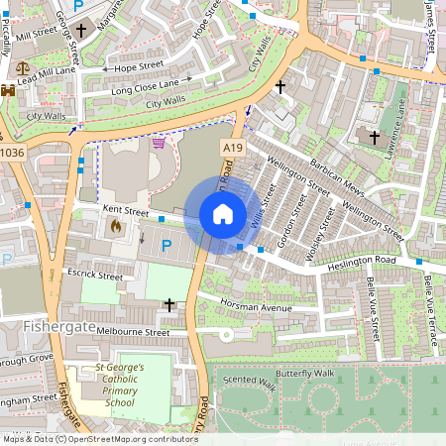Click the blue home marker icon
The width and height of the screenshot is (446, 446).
point(223,214)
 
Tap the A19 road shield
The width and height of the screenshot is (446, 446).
point(232,148)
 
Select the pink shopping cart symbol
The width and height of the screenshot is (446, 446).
point(159,144)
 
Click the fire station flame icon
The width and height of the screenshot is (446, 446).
point(115,227)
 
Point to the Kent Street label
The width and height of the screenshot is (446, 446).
point(125,211)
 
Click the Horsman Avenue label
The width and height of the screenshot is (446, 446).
point(256,306)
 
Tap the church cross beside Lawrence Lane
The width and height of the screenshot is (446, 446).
point(374,136)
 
